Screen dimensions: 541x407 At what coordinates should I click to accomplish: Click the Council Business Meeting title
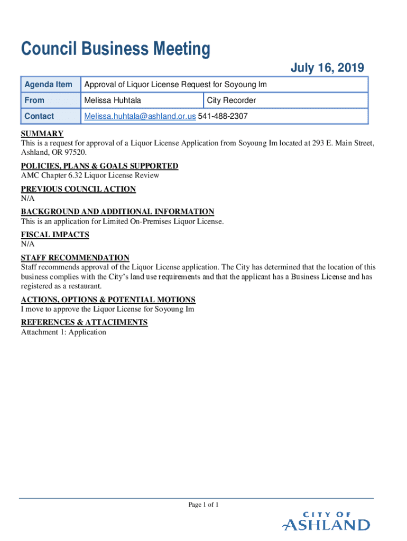[115, 50]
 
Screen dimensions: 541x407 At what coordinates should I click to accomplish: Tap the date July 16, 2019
[327, 68]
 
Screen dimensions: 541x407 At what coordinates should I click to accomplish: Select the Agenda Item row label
[48, 85]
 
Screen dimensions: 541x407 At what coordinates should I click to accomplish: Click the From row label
[34, 100]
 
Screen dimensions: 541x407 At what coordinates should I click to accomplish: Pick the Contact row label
[39, 116]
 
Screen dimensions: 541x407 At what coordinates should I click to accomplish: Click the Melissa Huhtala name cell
[113, 100]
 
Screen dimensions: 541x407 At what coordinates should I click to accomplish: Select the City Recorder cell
[232, 100]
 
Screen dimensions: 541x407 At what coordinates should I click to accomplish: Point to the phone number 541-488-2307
[223, 116]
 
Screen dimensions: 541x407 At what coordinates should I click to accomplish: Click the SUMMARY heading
[42, 134]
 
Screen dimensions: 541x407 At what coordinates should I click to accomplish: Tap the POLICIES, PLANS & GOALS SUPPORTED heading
[99, 166]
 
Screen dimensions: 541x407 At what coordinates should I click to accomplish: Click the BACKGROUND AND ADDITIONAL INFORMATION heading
[117, 212]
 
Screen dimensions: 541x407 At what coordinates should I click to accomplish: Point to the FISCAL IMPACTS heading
[55, 235]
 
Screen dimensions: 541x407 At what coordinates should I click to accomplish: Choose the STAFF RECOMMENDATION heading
[75, 258]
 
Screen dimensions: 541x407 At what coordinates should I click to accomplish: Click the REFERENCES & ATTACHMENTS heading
[84, 322]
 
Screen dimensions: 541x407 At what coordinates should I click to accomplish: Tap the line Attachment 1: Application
[63, 332]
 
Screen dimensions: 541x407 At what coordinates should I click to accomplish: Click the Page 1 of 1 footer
[203, 505]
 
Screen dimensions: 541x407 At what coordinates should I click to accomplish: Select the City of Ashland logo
[326, 522]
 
